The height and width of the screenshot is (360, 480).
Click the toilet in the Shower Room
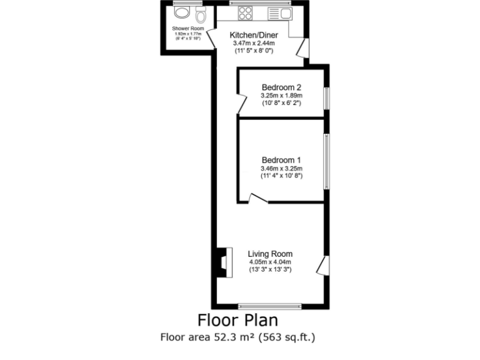pyautogui.click(x=201, y=14)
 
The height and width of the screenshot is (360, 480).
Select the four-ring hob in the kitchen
pyautogui.click(x=244, y=13)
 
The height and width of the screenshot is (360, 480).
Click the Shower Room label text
pyautogui.click(x=188, y=29)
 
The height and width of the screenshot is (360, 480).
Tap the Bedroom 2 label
pyautogui.click(x=281, y=87)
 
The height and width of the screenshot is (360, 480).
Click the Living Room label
pyautogui.click(x=270, y=254)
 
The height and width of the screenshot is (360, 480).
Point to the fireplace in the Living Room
pyautogui.click(x=223, y=261)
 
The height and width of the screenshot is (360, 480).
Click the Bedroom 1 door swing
pyautogui.click(x=257, y=199)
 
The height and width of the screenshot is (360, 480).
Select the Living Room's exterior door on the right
pyautogui.click(x=322, y=265)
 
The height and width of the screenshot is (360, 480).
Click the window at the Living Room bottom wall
pyautogui.click(x=270, y=306)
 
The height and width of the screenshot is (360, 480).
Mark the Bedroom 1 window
pyautogui.click(x=326, y=161)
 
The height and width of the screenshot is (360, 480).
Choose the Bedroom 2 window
pyautogui.click(x=326, y=98)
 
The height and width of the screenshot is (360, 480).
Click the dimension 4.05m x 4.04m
pyautogui.click(x=271, y=262)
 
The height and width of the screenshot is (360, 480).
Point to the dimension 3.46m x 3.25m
pyautogui.click(x=281, y=169)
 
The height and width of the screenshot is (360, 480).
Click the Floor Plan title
pyautogui.click(x=239, y=321)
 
